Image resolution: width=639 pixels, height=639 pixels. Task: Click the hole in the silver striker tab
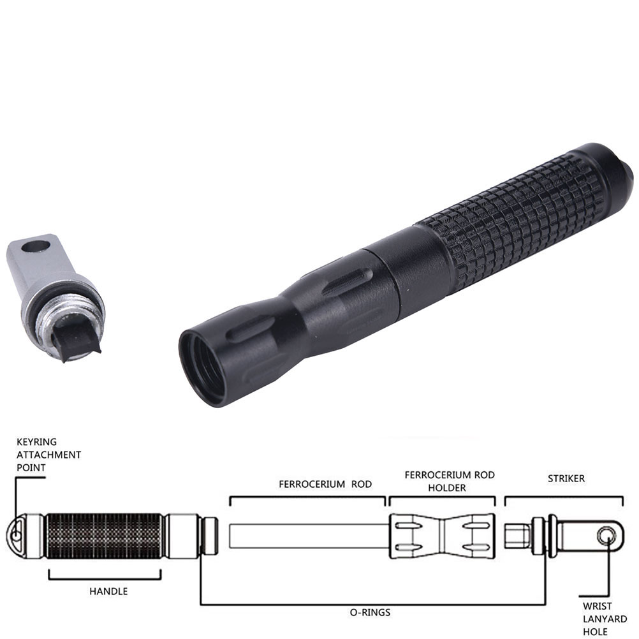click(36, 247)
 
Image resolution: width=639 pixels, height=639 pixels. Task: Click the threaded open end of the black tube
click(202, 369)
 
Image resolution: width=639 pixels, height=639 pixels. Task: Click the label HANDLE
click(108, 591)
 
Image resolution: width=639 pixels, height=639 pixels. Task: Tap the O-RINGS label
click(370, 612)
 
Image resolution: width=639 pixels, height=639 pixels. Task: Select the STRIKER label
click(566, 479)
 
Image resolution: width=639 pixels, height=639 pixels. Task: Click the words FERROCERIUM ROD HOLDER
click(450, 481)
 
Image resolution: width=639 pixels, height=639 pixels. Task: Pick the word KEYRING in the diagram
click(37, 442)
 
